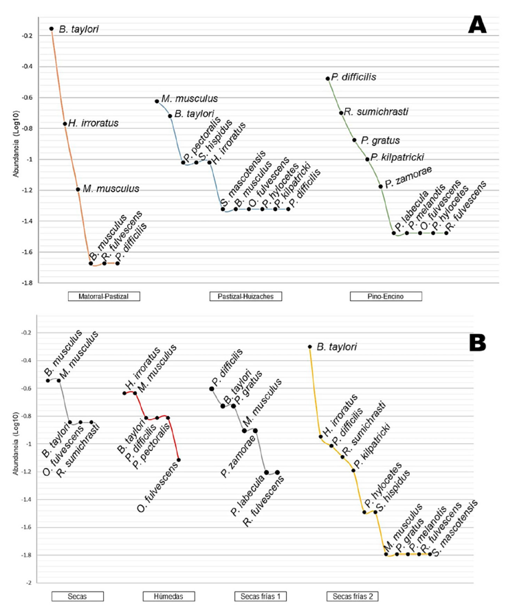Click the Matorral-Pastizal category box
tap(104, 297)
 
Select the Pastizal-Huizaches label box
tap(245, 297)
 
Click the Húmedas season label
tap(169, 595)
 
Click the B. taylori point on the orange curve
tap(52, 29)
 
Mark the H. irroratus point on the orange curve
tap(65, 124)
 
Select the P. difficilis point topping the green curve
tap(328, 78)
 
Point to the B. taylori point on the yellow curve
tap(310, 347)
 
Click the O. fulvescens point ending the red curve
tap(179, 459)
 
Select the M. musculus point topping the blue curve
tap(157, 101)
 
